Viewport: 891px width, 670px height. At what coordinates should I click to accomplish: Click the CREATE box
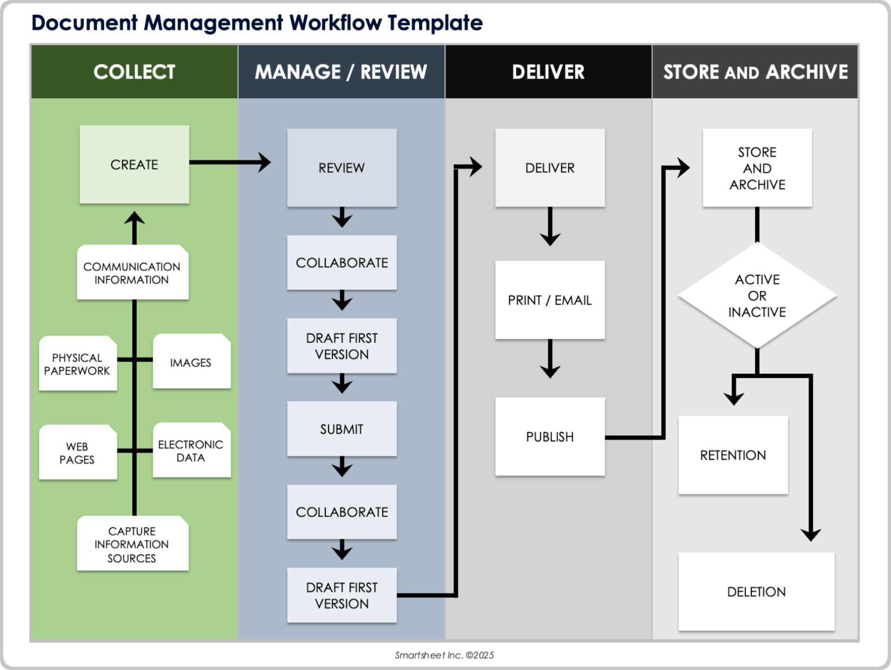point(134,164)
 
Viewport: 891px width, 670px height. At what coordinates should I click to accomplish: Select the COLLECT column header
point(134,72)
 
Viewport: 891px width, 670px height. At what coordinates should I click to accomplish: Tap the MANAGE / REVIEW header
point(341,72)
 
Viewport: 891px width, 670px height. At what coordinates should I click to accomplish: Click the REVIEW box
point(342,167)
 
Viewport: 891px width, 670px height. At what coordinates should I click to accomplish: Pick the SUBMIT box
point(342,429)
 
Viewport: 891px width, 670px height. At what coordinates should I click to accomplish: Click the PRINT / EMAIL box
point(549,300)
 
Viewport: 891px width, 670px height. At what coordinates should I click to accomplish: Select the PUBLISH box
point(549,436)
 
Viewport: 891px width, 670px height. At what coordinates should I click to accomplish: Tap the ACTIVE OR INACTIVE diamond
point(757,295)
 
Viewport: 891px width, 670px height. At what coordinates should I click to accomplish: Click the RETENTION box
point(733,455)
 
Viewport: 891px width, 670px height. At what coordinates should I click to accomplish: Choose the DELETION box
point(756,591)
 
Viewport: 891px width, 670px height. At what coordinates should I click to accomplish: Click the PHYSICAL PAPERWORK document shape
point(77,364)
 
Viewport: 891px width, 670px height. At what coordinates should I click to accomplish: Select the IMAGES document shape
point(191,362)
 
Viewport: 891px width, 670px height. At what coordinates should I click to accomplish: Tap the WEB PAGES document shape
point(77,453)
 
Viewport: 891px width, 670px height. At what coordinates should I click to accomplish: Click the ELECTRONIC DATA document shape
point(191,450)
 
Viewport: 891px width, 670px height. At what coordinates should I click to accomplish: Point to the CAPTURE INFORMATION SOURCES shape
point(132,544)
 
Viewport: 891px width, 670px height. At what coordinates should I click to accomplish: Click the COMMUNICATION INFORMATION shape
point(132,273)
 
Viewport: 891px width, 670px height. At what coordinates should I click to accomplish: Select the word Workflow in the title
point(335,22)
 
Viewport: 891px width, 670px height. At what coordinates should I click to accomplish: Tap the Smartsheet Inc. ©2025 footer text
point(444,655)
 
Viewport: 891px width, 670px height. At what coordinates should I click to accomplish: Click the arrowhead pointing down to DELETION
point(811,535)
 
